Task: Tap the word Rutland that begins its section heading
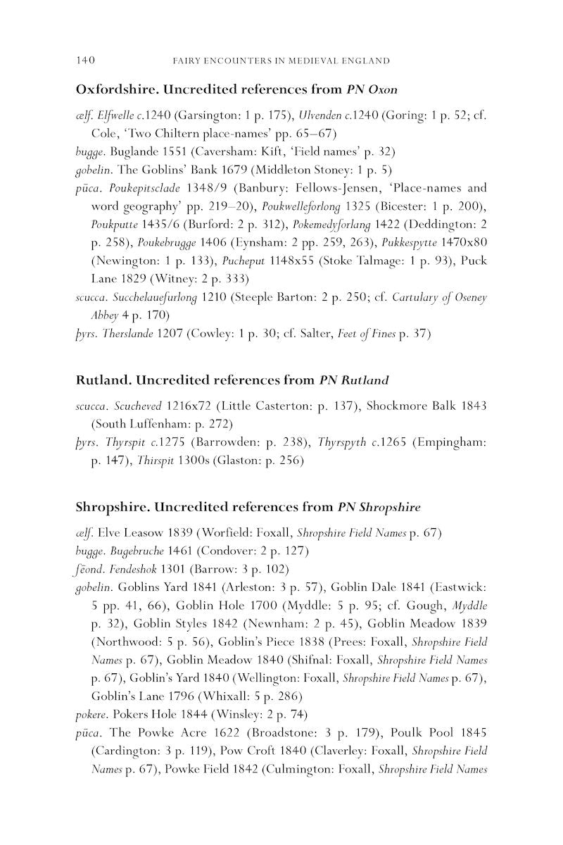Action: pos(103,380)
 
